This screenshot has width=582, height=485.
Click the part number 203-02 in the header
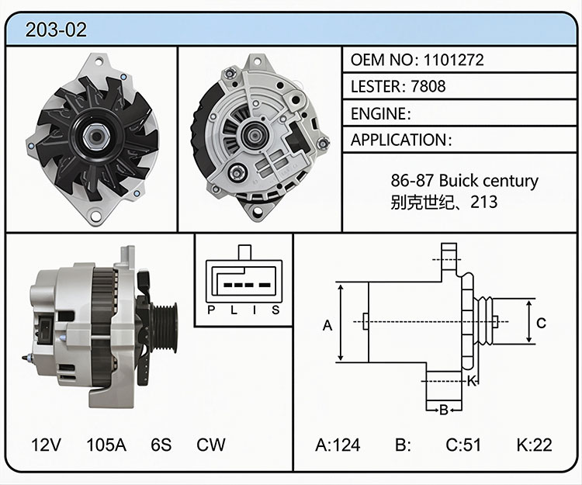pos(56,29)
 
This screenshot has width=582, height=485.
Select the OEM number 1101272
pos(453,60)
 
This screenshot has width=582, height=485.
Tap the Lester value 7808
pos(428,86)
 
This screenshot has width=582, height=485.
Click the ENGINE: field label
pos(381,113)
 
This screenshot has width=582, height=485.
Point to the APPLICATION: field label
pos(401,140)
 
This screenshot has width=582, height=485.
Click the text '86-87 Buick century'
pos(464,181)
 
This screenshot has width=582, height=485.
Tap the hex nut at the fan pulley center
pos(96,136)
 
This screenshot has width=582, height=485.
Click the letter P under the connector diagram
pos(211,310)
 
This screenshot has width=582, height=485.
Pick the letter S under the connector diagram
pos(275,310)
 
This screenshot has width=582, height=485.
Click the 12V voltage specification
pos(46,445)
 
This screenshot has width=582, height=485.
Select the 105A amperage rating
pos(106,445)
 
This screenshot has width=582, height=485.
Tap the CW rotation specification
pos(210,445)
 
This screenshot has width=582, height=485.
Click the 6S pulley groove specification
pos(161,445)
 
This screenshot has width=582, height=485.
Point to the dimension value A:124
pos(338,445)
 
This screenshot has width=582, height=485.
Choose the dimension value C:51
pos(463,445)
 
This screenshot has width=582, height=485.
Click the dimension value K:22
pos(534,445)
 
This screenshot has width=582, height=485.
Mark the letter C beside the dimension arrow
pos(541,324)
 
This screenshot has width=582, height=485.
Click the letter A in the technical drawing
pos(327,325)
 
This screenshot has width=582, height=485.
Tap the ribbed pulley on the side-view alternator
pos(164,327)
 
